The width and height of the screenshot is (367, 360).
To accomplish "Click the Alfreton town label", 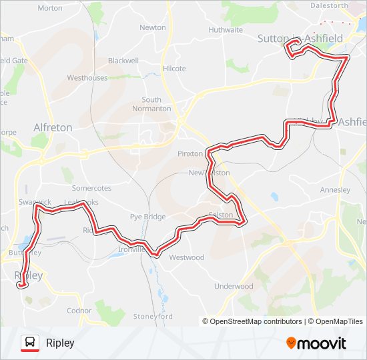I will [53, 127].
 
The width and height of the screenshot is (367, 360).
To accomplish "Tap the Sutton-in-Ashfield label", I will [300, 39].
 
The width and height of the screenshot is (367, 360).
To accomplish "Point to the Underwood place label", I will [234, 286].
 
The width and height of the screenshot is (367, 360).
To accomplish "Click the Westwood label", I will [187, 257].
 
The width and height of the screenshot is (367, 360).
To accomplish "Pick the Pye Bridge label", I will [148, 217].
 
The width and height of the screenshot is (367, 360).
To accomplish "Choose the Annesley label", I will [335, 190].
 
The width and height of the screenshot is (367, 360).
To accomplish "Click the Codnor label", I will [79, 311].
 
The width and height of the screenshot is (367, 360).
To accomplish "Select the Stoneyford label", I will [153, 316].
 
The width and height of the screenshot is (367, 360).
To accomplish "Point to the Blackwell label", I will [123, 60].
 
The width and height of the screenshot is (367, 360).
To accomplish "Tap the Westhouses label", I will [87, 78].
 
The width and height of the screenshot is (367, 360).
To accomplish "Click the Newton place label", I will [153, 27].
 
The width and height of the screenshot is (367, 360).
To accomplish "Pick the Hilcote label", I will [174, 69].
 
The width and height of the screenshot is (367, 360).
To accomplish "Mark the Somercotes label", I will [91, 189].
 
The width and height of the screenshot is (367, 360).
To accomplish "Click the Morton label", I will [50, 8].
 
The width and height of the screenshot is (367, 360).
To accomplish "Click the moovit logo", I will [316, 343].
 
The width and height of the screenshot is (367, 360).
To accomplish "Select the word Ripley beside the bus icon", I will [60, 343].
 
